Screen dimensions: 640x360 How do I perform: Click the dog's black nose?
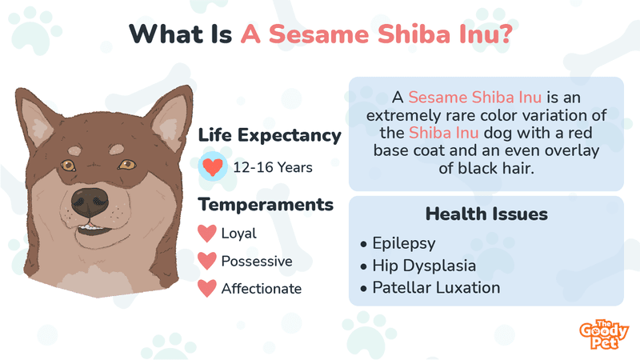tap(90, 202)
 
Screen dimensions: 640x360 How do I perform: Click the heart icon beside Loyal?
tap(207, 234)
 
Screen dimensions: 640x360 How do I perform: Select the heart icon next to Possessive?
tap(207, 262)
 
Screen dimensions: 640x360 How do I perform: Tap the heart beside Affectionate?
tap(207, 289)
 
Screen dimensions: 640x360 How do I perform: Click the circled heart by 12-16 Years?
tap(213, 166)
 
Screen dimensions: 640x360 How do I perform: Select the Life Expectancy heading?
tap(270, 135)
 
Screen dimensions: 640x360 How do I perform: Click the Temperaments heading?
tap(266, 205)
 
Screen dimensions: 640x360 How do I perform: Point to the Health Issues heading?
tap(486, 214)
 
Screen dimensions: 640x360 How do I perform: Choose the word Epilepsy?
tap(404, 244)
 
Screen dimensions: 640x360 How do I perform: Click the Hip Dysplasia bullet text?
tap(424, 266)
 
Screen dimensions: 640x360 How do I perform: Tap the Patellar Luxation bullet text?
tap(436, 288)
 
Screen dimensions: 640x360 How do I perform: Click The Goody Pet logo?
tap(604, 334)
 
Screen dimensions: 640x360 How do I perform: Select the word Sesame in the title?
tap(318, 34)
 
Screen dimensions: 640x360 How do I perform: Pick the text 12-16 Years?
tap(273, 167)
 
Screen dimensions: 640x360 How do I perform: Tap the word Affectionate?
tap(262, 289)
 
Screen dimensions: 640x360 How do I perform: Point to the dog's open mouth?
tap(93, 229)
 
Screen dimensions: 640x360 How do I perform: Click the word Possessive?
tap(257, 262)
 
